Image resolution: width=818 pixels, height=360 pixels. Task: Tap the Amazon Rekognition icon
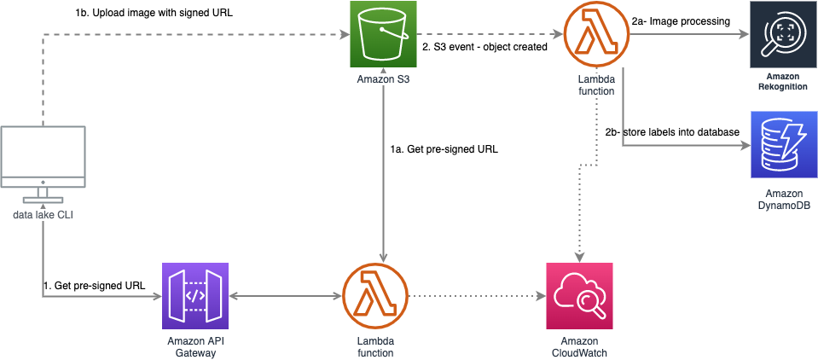(x=782, y=34)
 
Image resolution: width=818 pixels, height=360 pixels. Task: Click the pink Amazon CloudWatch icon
(x=579, y=296)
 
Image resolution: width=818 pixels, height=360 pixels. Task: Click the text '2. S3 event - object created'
(x=484, y=48)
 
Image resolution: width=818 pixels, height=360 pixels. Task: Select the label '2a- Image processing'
(x=680, y=21)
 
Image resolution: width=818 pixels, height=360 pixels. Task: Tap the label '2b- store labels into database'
(x=672, y=132)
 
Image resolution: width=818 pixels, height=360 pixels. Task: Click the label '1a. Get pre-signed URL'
(x=444, y=150)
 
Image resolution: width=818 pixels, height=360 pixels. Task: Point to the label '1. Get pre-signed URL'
(x=95, y=286)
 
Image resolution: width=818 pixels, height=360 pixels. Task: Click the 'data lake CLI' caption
(x=43, y=214)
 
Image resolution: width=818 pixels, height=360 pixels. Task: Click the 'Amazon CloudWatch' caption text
(x=579, y=347)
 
